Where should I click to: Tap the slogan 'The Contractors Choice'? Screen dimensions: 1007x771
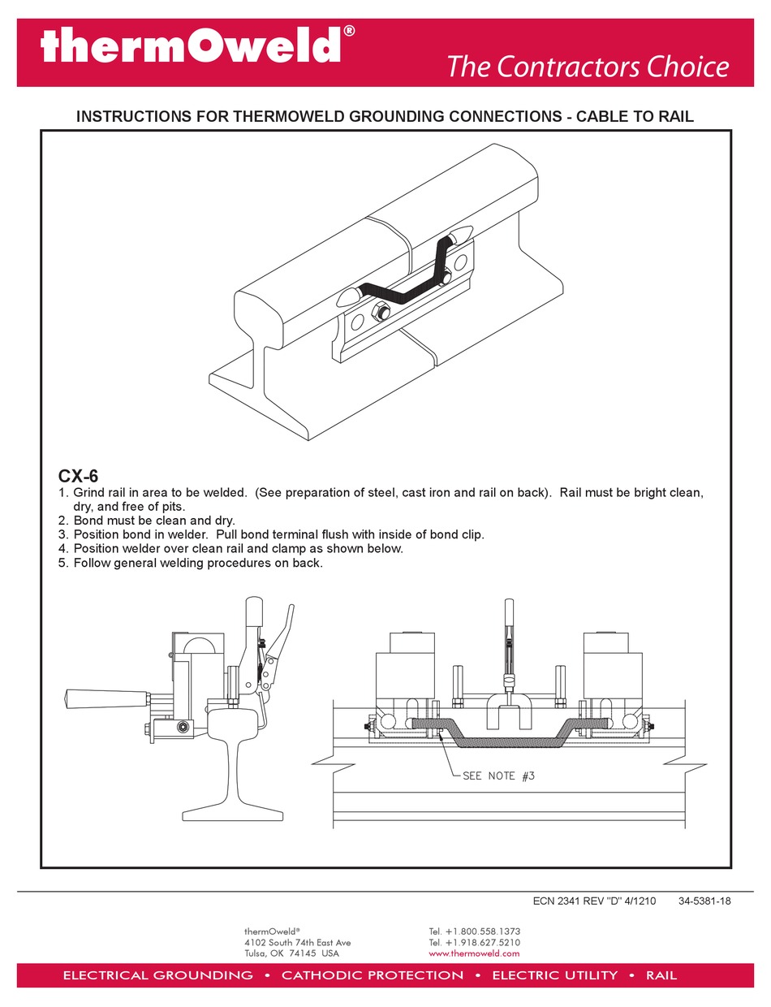[x=588, y=67]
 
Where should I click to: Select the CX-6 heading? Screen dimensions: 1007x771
[x=78, y=475]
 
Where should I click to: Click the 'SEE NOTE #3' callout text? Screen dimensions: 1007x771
[x=498, y=776]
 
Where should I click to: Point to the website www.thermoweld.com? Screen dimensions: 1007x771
[x=474, y=953]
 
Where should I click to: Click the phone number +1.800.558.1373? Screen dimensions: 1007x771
[x=474, y=931]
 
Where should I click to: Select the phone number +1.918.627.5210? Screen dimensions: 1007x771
[x=474, y=942]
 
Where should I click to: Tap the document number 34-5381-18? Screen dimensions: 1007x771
[x=704, y=901]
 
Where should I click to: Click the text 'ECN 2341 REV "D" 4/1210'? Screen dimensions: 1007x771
[x=593, y=901]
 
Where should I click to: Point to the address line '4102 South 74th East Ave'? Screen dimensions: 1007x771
[x=297, y=942]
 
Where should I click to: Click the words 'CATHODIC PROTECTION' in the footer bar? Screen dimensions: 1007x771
[x=373, y=975]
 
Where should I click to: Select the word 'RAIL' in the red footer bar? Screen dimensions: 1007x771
[x=661, y=975]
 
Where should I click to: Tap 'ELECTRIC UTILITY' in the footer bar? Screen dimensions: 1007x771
[x=555, y=975]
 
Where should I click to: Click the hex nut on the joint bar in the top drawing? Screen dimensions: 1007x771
[x=382, y=312]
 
